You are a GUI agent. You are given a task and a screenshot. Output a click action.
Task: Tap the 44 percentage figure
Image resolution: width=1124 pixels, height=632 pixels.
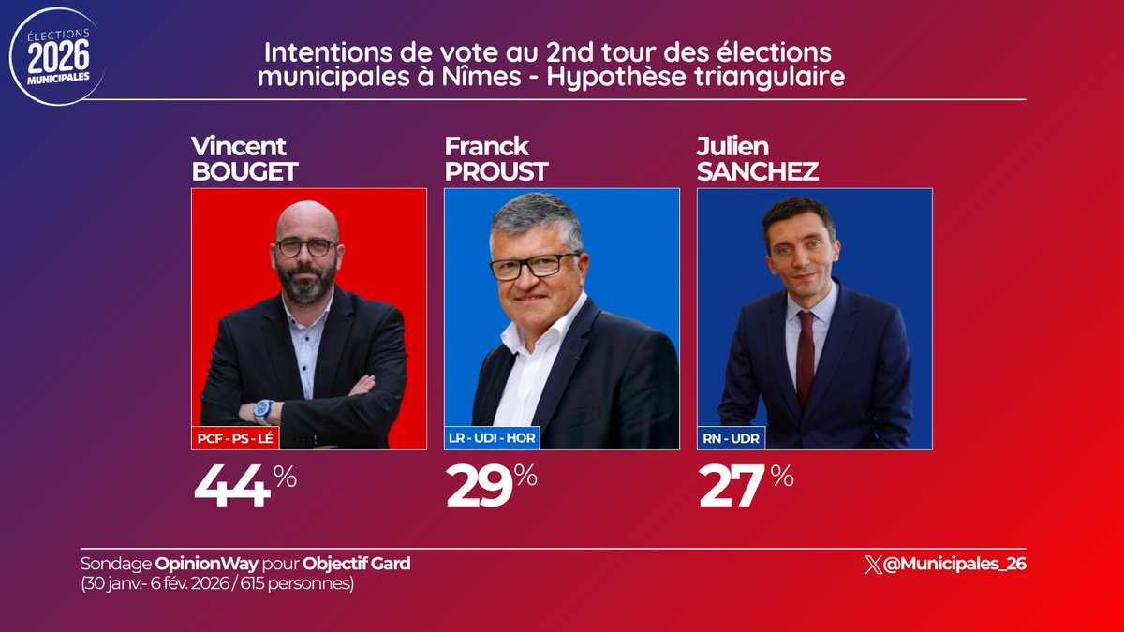point(232,487)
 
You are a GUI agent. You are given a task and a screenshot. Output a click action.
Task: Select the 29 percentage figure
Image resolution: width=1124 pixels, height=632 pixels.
point(480,487)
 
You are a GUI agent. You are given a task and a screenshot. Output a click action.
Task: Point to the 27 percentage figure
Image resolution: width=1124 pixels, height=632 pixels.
point(732,487)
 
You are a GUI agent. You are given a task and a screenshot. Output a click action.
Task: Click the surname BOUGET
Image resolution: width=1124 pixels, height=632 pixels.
point(244,172)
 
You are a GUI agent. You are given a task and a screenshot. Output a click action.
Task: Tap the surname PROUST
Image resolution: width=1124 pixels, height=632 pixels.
point(496,172)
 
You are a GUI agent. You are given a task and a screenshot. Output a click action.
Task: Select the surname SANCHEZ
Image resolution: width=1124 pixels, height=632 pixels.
point(758,172)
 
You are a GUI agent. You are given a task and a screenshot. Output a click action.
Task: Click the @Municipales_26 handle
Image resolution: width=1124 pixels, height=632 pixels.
point(955,564)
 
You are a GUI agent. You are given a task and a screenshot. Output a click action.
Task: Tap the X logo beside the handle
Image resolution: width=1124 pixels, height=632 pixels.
point(874,564)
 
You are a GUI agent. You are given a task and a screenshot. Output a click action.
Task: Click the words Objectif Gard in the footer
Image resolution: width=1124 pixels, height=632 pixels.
point(357,564)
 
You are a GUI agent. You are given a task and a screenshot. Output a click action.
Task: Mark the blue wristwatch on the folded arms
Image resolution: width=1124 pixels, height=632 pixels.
point(263,409)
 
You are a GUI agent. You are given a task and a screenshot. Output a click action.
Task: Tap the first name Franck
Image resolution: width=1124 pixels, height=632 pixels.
point(486,147)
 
